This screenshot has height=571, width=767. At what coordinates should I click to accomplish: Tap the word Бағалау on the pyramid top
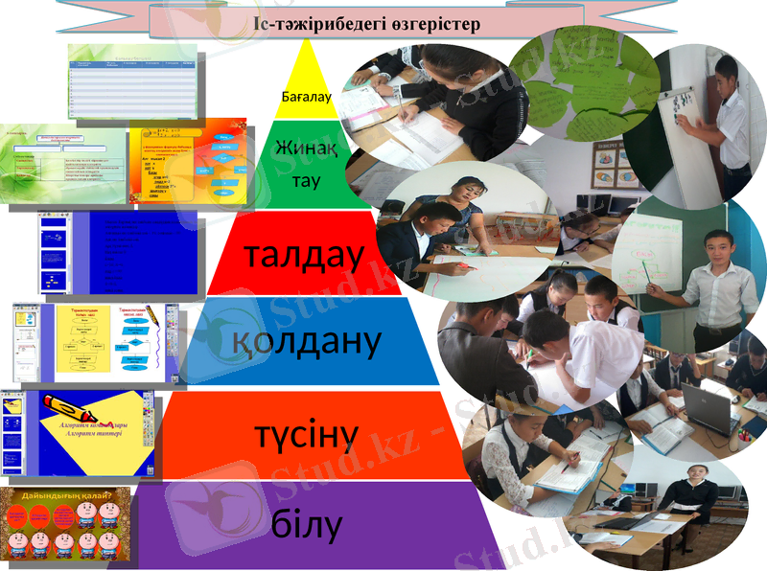tap(306, 97)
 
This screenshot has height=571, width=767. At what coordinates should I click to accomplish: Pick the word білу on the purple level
tap(306, 525)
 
